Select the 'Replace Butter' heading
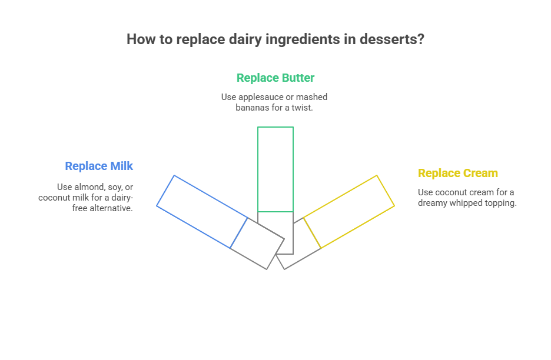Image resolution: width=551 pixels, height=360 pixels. (x=275, y=78)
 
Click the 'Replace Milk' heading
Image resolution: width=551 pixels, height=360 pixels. (x=99, y=166)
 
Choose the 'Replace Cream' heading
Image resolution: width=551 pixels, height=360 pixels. (x=457, y=173)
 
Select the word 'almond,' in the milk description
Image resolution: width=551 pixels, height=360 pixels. (x=87, y=186)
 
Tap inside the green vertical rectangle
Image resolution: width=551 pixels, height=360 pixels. (x=275, y=169)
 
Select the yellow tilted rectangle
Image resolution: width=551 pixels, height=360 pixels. (x=348, y=212)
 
